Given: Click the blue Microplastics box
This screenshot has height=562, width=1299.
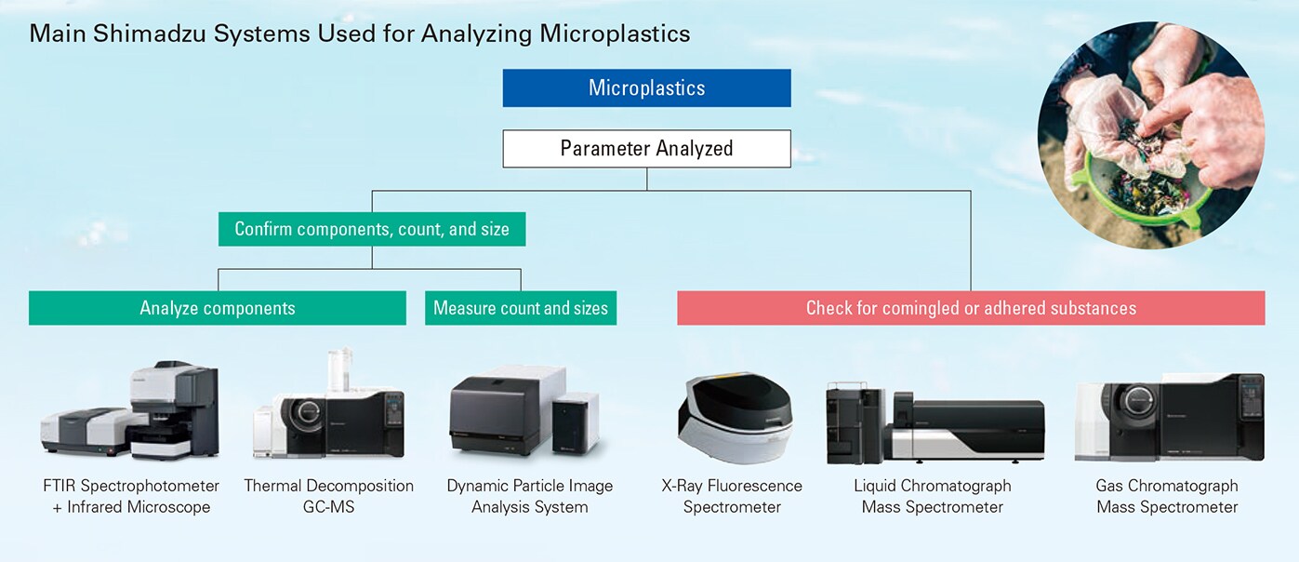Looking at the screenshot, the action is coord(646,87).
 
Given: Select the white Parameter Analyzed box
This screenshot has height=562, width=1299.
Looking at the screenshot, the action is coord(646,149).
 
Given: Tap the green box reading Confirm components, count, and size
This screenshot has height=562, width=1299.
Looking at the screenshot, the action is coord(372,229).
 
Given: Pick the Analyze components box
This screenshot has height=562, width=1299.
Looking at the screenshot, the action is coord(218,308).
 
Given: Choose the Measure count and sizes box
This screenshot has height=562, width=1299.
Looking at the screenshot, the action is coord(521,308).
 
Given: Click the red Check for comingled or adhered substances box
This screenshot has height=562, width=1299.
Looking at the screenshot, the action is coord(972,308).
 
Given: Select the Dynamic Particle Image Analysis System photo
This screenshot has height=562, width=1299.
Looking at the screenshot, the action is coord(524,411).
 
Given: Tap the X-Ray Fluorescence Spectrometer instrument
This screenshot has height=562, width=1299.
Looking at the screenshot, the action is coord(735,418).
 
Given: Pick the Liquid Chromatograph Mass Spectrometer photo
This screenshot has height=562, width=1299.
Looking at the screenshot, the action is coord(934,422).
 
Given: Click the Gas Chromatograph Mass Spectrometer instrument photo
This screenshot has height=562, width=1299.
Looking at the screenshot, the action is coord(1170,417).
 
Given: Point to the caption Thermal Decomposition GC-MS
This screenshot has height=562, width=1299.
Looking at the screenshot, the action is coord(329,496).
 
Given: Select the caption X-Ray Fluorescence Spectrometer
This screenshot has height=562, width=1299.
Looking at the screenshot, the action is coord(732,496).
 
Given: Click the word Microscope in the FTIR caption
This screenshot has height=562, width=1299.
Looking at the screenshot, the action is coord(167,507).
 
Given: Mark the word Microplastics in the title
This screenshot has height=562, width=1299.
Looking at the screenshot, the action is coord(615,33).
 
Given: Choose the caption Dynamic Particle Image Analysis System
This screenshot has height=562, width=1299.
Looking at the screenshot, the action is coord(529,496).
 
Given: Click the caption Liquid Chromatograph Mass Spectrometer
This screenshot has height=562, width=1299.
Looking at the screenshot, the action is coord(933,496).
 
